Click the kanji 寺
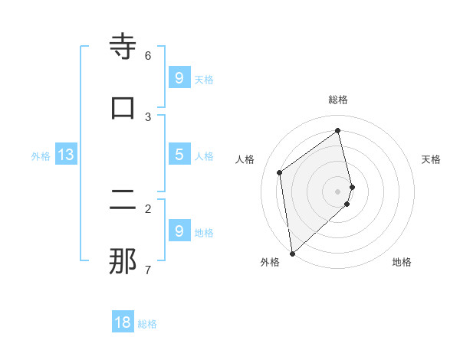[x=123, y=47]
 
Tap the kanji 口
[x=123, y=108]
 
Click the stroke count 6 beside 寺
[x=148, y=55]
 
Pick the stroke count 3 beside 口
[x=148, y=116]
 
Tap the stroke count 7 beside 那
[x=148, y=270]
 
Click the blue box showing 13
[x=66, y=155]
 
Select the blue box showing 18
[x=123, y=322]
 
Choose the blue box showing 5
[x=179, y=155]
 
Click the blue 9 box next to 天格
[x=179, y=78]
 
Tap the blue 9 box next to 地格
[x=179, y=231]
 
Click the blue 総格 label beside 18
[x=147, y=324]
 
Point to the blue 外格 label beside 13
[x=41, y=156]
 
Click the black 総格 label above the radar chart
[x=338, y=100]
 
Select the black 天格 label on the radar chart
[x=431, y=159]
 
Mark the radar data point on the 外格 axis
[x=292, y=253]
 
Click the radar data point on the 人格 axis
[x=280, y=172]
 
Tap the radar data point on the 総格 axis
[x=338, y=131]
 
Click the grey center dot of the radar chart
[x=338, y=191]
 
